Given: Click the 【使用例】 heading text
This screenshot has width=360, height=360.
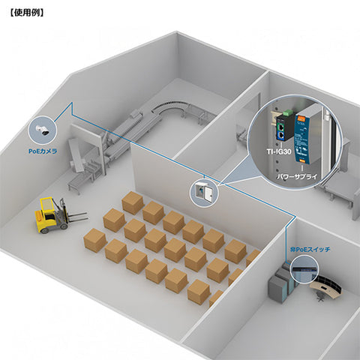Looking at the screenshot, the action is click(x=27, y=13).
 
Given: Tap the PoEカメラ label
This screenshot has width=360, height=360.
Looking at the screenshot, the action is click(x=43, y=151).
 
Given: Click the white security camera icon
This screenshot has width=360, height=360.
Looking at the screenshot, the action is click(x=43, y=130).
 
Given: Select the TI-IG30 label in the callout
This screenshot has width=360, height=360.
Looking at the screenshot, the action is click(x=279, y=151).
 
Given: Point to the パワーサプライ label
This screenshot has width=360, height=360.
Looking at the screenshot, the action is click(x=297, y=176).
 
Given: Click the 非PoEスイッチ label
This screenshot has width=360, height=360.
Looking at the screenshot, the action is click(x=310, y=249).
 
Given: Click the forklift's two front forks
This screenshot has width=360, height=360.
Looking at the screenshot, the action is click(x=76, y=217).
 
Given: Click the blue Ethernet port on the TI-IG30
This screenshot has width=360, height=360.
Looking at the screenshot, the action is click(x=281, y=135).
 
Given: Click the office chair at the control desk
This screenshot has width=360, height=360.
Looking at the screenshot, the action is click(x=319, y=297).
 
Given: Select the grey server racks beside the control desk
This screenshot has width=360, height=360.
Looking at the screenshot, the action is click(x=280, y=283).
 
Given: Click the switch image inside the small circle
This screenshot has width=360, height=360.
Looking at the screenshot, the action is click(x=304, y=270).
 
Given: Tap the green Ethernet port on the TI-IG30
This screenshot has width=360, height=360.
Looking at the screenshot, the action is click(x=281, y=127).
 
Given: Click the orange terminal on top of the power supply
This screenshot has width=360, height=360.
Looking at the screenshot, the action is click(x=301, y=118).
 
